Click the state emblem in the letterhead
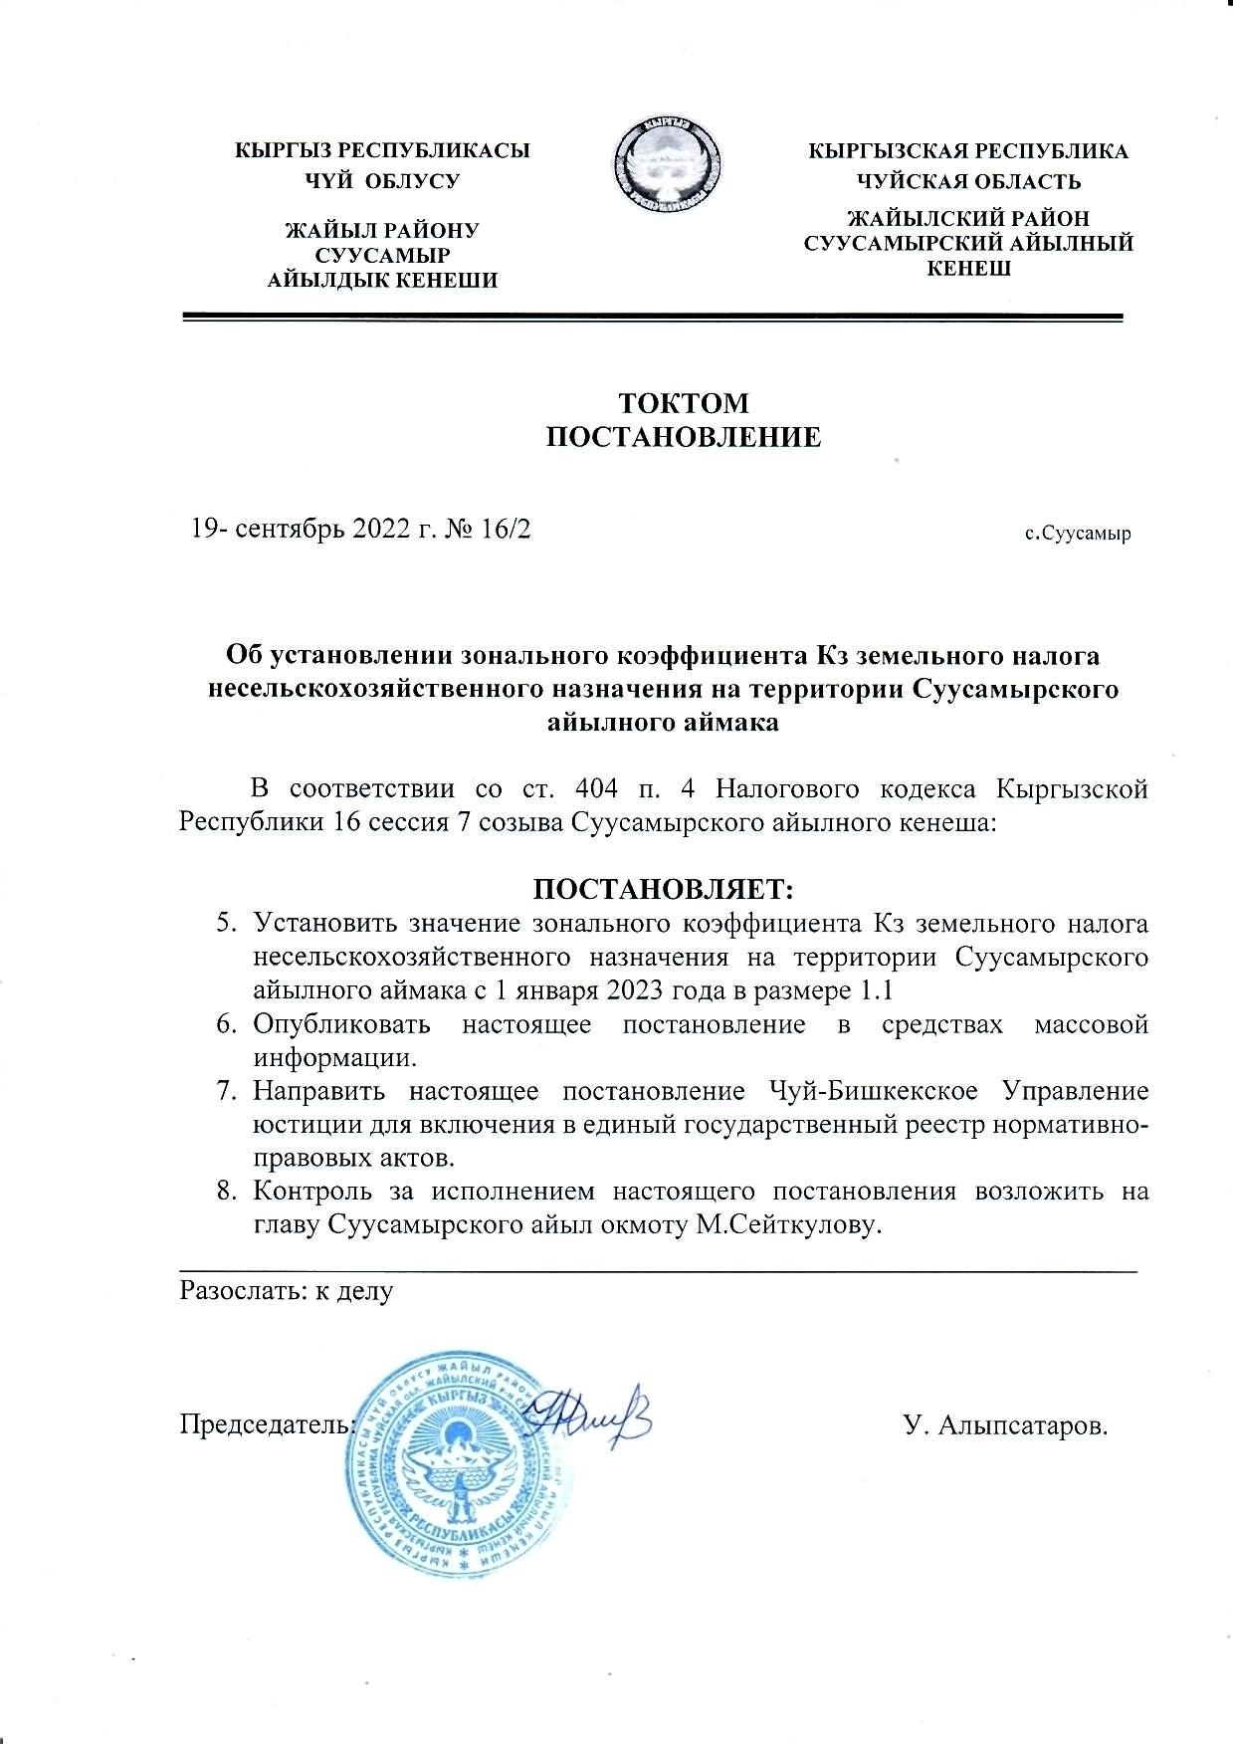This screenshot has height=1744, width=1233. (667, 164)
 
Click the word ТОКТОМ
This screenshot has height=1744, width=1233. (684, 403)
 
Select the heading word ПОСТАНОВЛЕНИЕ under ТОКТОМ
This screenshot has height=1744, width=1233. (684, 437)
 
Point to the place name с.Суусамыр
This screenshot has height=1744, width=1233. (1078, 534)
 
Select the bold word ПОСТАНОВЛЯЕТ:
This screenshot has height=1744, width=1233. (664, 887)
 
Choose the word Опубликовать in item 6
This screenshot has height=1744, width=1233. (341, 1024)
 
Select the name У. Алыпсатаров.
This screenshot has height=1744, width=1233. (1005, 1425)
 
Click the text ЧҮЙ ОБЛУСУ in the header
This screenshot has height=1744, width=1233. (382, 181)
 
